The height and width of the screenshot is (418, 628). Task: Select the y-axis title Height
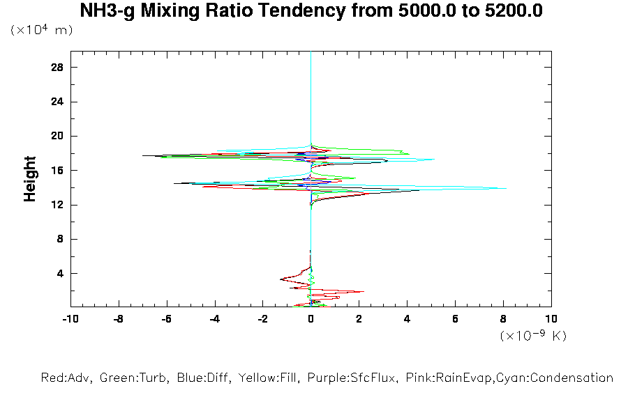pyautogui.click(x=30, y=179)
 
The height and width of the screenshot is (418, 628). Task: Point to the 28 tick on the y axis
pyautogui.click(x=58, y=67)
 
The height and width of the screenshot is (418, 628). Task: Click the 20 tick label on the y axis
pyautogui.click(x=58, y=136)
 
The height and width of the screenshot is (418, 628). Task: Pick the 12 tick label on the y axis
pyautogui.click(x=58, y=204)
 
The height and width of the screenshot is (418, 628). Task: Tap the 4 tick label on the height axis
pyautogui.click(x=61, y=273)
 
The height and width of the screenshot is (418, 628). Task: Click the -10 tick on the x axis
pyautogui.click(x=70, y=319)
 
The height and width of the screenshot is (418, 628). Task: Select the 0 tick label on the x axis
pyautogui.click(x=311, y=319)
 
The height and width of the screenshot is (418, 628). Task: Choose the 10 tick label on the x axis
pyautogui.click(x=551, y=319)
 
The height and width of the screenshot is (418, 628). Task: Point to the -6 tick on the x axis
pyautogui.click(x=166, y=319)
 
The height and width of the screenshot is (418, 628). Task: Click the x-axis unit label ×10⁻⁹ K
pyautogui.click(x=533, y=336)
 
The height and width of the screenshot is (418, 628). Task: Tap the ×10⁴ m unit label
pyautogui.click(x=42, y=31)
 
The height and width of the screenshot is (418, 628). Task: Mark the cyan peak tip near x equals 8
pyautogui.click(x=505, y=188)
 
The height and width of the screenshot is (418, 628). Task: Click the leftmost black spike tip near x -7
pyautogui.click(x=143, y=155)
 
